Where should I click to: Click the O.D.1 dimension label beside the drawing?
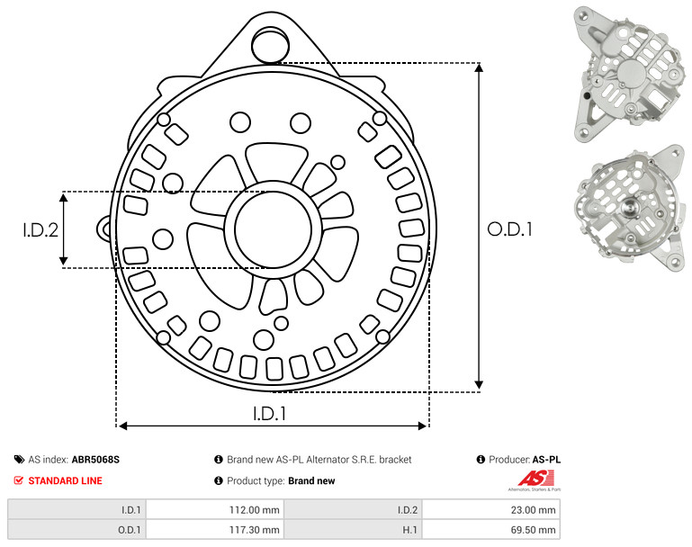(509, 229)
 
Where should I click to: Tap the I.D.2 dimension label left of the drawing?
(40, 229)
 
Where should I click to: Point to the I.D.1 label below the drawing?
(269, 413)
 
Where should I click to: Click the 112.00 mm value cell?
(254, 510)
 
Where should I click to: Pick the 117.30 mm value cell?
(254, 530)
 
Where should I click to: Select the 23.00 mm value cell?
(533, 510)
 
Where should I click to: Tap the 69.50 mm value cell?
(533, 530)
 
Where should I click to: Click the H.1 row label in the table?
(410, 530)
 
